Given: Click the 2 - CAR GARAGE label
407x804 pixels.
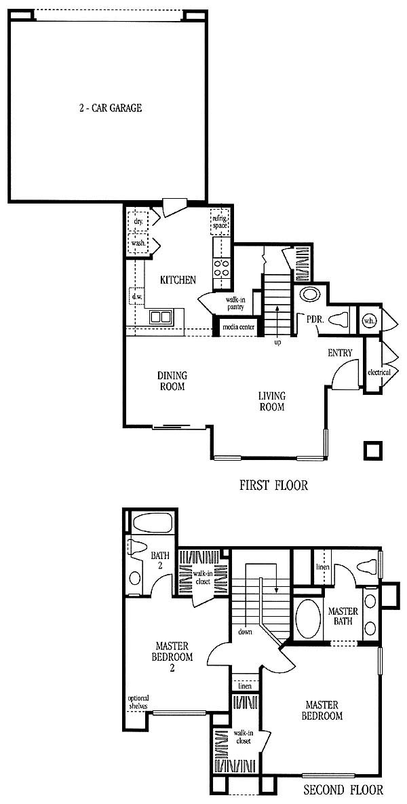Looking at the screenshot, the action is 107,109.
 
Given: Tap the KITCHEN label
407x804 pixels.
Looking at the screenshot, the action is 178,280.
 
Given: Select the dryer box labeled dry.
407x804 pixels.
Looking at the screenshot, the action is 137,221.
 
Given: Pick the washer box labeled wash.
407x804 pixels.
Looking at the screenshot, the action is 137,243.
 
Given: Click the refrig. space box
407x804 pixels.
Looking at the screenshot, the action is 220,221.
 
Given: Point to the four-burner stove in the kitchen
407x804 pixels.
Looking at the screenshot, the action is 221,268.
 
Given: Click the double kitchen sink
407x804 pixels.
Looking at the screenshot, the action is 161,317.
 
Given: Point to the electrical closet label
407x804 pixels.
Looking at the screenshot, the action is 379,372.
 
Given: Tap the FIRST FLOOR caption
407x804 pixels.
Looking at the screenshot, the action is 274,485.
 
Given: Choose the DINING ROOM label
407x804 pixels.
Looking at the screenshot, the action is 171,381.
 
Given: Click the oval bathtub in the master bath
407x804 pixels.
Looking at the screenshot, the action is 308,619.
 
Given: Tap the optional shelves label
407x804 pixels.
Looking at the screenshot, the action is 138,702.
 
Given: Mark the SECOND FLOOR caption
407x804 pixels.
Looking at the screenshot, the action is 343,788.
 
